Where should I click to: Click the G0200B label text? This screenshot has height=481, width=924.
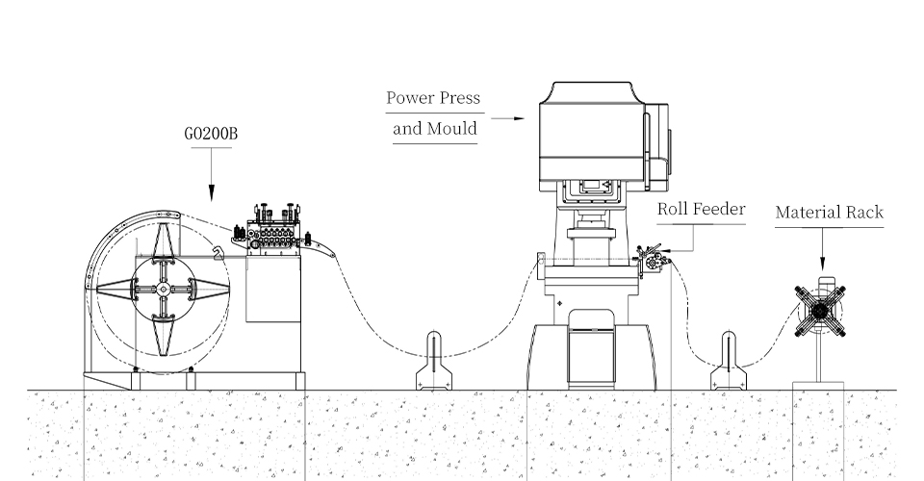coord(210,134)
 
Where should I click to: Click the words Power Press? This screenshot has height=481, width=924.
coord(433,98)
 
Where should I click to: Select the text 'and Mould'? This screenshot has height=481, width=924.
coord(435,128)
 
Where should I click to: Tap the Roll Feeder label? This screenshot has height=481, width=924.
coord(701,209)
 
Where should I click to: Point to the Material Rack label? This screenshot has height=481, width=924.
coord(829,212)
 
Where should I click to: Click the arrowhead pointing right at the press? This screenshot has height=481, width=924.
coord(520,119)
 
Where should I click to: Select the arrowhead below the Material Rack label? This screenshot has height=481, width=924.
coord(823,264)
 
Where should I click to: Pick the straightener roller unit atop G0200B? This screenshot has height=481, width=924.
coord(276,232)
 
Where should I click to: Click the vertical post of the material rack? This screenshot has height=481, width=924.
coord(819,361)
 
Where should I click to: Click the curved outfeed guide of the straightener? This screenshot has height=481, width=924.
coord(322,251)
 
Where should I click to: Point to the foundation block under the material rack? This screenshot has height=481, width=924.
coord(818,423)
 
